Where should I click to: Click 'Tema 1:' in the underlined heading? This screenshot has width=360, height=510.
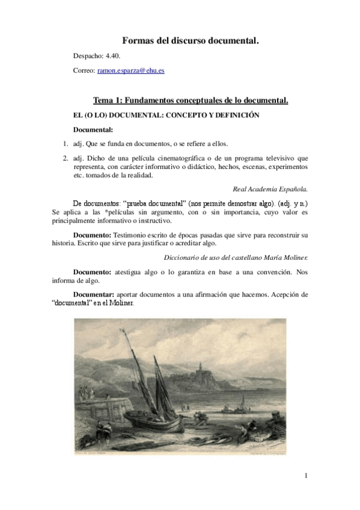(108, 100)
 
